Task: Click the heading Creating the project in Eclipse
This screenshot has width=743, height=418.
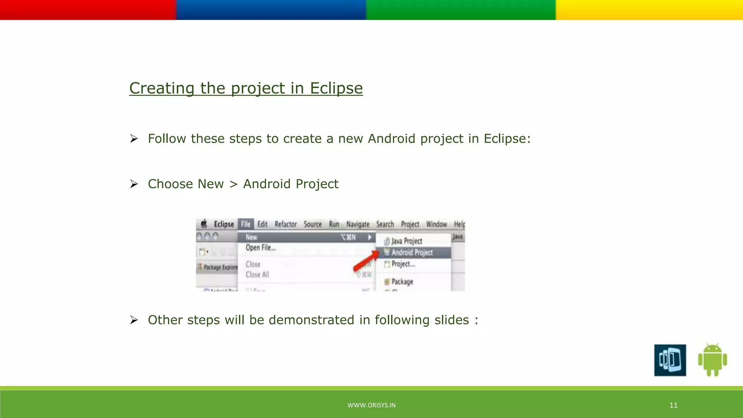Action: point(246,88)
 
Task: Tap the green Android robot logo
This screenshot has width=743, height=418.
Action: point(712,360)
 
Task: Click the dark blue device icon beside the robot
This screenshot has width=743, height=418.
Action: point(670,360)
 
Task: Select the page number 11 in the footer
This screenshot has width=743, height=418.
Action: point(673,405)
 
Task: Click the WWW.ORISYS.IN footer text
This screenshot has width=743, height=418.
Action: point(371,405)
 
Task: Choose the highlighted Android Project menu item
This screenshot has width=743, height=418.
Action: point(412,253)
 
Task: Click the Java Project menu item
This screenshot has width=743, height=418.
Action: point(406,241)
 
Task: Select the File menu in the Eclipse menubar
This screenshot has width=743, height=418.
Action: point(246,224)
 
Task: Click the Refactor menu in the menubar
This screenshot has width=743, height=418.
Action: point(286,224)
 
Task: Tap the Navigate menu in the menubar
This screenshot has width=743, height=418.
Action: point(358,224)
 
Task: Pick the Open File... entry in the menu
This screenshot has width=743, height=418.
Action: point(260,248)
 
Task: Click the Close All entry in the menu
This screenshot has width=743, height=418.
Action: point(257,275)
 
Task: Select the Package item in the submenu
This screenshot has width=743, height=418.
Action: point(402,282)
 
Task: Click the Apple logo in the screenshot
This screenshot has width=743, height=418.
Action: point(204,224)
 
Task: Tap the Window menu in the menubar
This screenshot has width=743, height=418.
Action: point(436,224)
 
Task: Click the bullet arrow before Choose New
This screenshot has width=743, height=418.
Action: point(134,184)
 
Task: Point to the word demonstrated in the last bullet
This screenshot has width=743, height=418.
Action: point(311,320)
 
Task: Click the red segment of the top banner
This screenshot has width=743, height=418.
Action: point(88,10)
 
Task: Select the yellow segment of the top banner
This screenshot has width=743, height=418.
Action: point(649,10)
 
